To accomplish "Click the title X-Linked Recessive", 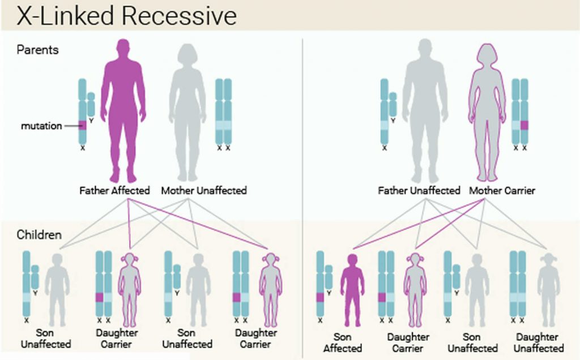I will pos(126,16).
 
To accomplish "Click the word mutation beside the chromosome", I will pos(41,126).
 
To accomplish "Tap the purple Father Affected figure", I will pos(123,108).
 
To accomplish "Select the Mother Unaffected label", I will pos(203,191).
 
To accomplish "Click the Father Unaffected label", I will pos(419,191).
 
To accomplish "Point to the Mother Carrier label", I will pos(502,191).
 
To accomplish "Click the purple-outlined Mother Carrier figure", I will pos(487,108).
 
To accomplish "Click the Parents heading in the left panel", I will pos(37,50).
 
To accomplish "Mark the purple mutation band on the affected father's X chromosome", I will pos(83,125).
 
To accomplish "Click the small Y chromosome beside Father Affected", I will pos(91,105).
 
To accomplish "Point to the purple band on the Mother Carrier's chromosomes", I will pos(524,126).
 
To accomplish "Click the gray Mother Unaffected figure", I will pos(187,108).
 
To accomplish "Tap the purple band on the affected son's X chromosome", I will pos(320,297).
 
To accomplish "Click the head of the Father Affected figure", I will pos(123,52).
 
